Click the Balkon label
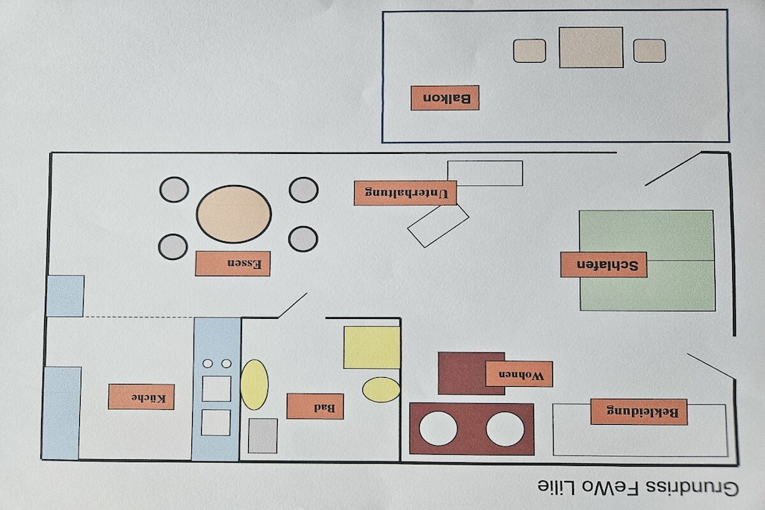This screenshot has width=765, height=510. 445,98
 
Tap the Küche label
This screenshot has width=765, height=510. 141,397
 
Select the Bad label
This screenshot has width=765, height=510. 315,406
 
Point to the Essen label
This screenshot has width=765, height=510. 233,264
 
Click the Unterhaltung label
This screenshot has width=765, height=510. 406,193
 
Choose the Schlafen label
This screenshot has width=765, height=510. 604,265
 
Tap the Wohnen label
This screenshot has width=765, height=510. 519,374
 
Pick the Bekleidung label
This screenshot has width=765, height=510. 639,411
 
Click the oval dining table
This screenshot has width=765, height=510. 234,214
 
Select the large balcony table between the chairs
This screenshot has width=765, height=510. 591,47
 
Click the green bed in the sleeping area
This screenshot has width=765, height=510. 647,261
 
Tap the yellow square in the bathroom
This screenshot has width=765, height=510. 372,347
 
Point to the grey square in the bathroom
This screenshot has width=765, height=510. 262,435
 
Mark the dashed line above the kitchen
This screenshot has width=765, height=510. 138,317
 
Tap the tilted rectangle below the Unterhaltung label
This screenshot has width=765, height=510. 438,226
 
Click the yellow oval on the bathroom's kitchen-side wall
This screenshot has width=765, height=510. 254,385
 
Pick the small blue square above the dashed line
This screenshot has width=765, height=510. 66,296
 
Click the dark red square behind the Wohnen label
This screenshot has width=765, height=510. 471,373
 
